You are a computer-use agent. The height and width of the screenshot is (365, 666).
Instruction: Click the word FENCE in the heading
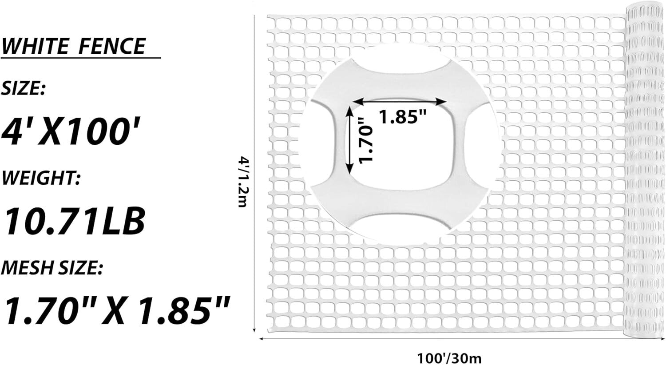pos(112,46)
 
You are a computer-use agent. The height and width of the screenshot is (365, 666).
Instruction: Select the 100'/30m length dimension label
pos(449,357)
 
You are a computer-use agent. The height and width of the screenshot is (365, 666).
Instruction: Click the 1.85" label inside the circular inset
pos(402,117)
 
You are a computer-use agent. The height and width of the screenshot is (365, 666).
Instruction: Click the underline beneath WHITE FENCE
pos(80,58)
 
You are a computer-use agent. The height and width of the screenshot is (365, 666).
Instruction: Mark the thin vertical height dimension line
pos(254,173)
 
